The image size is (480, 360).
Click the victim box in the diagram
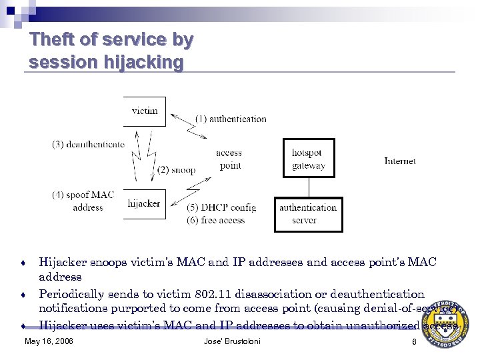[x=144, y=111]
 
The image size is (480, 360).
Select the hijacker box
[x=144, y=203]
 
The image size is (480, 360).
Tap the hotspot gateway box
[x=308, y=159]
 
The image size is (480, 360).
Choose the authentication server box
[x=308, y=214]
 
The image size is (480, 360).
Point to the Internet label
[x=400, y=161]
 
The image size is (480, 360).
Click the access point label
[x=229, y=159]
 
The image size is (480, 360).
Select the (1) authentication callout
[x=231, y=119]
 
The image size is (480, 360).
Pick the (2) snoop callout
[x=177, y=170]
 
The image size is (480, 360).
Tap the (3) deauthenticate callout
[x=88, y=145]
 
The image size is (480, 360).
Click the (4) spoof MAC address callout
[x=83, y=201]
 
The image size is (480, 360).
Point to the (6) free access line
[x=215, y=220]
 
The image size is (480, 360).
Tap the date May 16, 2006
[x=49, y=342]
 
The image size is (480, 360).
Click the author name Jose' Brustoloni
[x=232, y=342]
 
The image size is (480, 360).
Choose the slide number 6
[x=414, y=342]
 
